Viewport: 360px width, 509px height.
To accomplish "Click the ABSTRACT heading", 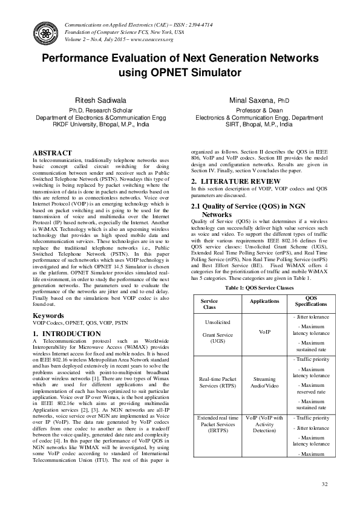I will click(x=52, y=153).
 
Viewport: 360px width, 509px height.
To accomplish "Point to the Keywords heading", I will click(x=48, y=316).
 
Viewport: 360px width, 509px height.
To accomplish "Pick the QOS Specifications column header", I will click(x=311, y=301).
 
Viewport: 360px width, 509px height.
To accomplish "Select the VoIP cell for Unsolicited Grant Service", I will click(x=264, y=332).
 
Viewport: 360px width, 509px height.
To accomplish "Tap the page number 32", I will click(x=324, y=485).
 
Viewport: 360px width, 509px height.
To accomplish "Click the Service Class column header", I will click(x=209, y=303).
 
